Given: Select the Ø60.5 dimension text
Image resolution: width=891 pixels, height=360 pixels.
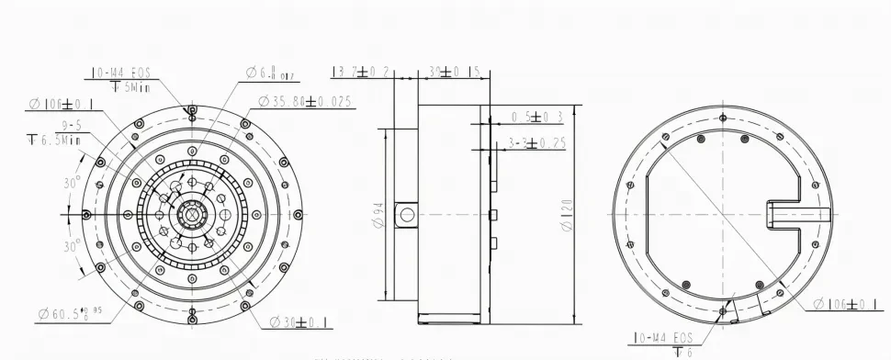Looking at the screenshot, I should click(65, 315).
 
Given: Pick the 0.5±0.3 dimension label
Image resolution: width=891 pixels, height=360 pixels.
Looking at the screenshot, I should click(536, 117).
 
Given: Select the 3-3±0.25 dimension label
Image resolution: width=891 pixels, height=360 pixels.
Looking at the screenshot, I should click(537, 142).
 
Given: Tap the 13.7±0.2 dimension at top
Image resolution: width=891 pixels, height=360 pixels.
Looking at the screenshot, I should click(360, 72).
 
